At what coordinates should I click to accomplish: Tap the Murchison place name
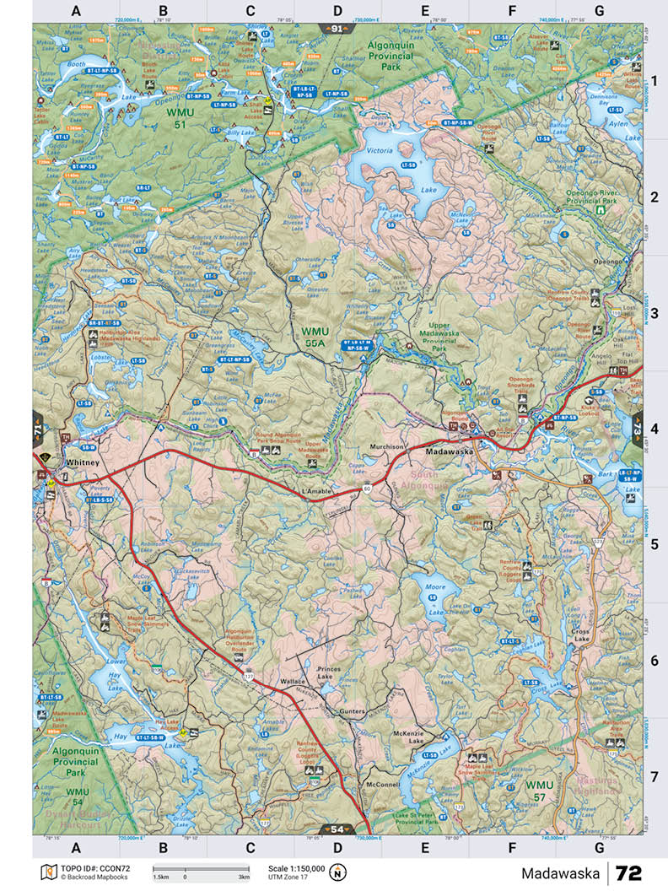click(388, 446)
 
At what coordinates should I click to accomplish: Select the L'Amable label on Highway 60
click(314, 490)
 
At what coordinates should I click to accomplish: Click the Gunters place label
click(352, 711)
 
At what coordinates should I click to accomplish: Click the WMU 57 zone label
click(539, 790)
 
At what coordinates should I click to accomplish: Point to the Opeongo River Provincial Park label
click(593, 197)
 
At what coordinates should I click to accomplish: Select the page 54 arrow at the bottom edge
click(337, 829)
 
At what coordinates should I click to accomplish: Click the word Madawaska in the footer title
click(559, 872)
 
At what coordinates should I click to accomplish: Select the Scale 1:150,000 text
click(296, 867)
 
